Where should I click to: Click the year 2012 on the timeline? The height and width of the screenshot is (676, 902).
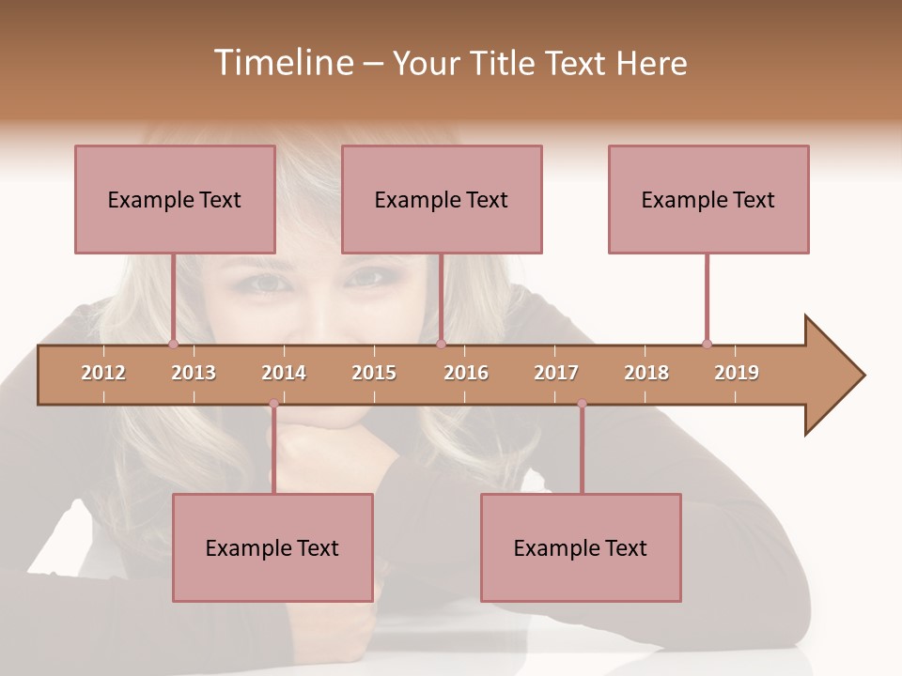pos(103,373)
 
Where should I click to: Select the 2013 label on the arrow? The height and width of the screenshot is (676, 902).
pos(194,373)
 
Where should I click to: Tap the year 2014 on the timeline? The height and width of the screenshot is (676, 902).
pos(284,373)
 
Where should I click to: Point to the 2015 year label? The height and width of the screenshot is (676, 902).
pos(374,373)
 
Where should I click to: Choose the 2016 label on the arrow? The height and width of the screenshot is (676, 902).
pos(466,373)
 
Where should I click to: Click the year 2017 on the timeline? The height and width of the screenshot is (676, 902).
pos(556,373)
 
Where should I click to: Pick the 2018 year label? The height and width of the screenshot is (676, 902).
pos(646,373)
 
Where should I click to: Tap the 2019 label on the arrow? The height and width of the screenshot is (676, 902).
pos(737,373)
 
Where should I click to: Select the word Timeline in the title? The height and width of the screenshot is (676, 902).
pos(281,63)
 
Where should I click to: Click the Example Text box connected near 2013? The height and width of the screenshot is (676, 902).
pos(175,199)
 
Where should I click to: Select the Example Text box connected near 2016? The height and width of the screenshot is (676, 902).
pos(442,199)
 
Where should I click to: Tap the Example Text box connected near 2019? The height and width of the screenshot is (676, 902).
pos(708,199)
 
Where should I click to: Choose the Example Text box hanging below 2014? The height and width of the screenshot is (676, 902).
pos(272,547)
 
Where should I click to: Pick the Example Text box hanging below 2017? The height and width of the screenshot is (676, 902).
pos(581,547)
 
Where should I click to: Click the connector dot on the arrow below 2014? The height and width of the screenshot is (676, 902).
pos(273,404)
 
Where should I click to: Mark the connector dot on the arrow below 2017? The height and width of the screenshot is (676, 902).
pos(582,404)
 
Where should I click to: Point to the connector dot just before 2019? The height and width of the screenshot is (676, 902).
pos(707,344)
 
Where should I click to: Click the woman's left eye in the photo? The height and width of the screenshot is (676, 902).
pos(362,279)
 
